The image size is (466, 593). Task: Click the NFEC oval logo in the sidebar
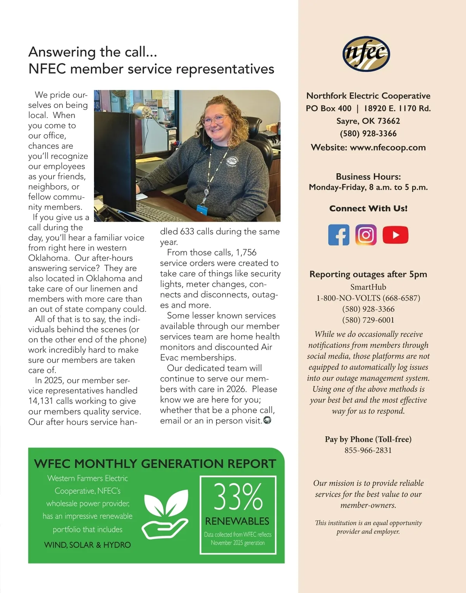click(366, 54)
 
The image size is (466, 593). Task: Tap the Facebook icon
click(339, 235)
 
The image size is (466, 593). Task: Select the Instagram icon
click(366, 235)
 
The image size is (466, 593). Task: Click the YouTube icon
click(395, 235)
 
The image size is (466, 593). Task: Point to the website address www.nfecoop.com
click(388, 148)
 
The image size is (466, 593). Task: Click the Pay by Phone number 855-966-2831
click(368, 450)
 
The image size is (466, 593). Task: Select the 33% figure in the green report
click(238, 497)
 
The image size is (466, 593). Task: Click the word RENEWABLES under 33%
click(237, 521)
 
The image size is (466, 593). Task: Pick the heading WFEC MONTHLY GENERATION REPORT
click(155, 464)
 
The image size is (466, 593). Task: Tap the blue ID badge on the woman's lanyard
click(202, 209)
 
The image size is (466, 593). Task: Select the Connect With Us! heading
click(368, 209)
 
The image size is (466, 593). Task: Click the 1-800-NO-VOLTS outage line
click(368, 298)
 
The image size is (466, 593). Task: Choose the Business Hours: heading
click(368, 177)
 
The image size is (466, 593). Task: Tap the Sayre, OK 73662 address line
click(368, 121)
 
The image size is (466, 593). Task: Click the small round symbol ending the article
click(267, 420)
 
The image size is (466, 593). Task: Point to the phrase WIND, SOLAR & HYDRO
click(87, 545)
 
